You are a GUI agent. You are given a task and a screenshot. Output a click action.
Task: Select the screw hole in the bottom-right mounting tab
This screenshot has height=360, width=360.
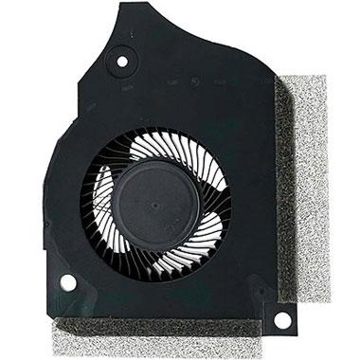coord(280,320)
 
